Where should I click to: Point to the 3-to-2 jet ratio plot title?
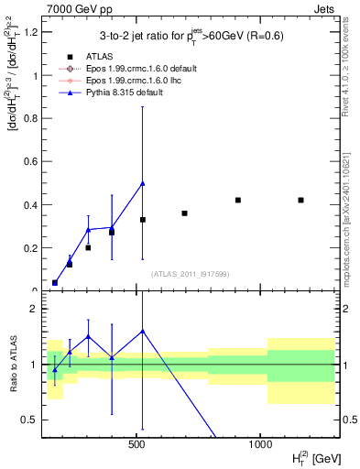[191, 37]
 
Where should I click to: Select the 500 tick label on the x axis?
[137, 444]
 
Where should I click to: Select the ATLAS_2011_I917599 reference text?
[191, 275]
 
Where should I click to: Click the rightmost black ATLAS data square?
[301, 200]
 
